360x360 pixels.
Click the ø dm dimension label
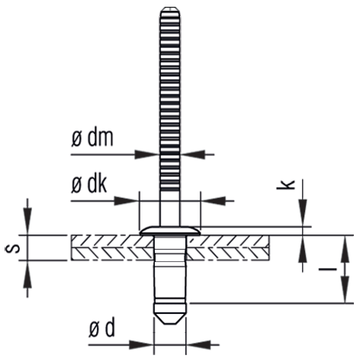pos(92,140)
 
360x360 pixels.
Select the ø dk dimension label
pos(90,186)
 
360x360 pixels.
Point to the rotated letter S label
pos(11,248)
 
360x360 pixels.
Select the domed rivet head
pos(170,230)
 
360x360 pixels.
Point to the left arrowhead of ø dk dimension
pos(127,201)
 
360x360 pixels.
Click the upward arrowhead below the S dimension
pos(27,270)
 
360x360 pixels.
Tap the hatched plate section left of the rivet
pos(111,248)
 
